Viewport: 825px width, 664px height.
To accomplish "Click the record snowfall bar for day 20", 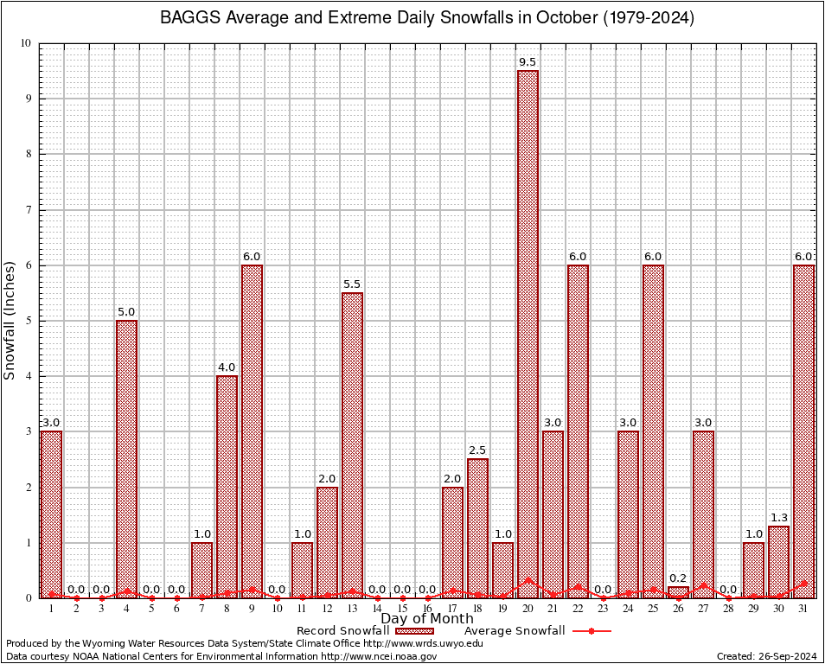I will (x=528, y=333).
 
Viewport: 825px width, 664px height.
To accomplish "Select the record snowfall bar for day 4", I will (x=126, y=458).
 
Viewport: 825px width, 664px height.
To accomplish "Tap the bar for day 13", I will (x=352, y=444).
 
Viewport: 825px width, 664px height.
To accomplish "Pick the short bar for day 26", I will (x=678, y=592).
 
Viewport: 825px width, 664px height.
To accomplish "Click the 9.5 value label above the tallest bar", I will (x=528, y=62).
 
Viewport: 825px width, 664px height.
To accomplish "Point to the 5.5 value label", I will (x=352, y=284).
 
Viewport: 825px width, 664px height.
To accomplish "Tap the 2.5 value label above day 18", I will (x=477, y=450).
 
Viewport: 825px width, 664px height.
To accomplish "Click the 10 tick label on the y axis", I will (x=25, y=43).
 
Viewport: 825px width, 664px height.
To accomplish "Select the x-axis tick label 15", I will (x=402, y=609).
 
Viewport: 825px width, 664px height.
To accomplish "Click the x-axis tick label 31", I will (x=803, y=609).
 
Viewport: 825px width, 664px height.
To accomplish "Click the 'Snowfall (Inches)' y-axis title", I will (x=10, y=320).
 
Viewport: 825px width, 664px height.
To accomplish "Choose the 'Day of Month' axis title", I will (x=426, y=619).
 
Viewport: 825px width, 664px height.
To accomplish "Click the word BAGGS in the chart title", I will (x=189, y=18).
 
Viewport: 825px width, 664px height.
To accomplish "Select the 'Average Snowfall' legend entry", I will (x=514, y=631).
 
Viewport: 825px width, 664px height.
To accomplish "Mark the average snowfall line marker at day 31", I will (x=803, y=584).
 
